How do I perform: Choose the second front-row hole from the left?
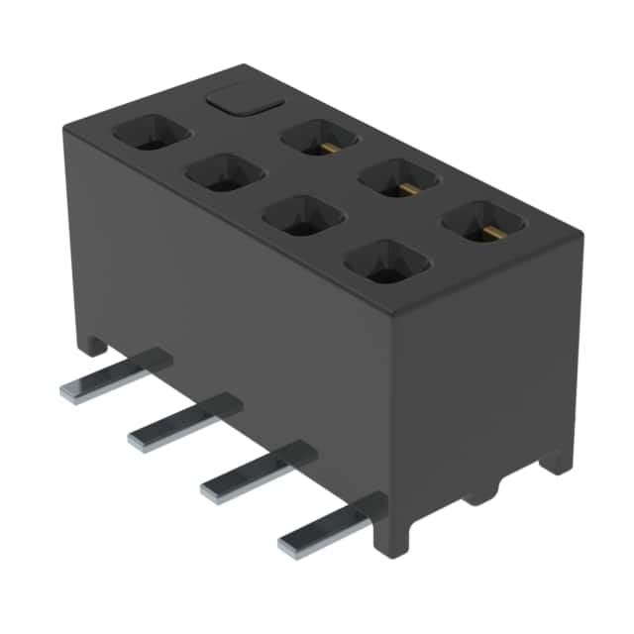[224, 172]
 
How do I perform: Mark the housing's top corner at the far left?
[63, 126]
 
